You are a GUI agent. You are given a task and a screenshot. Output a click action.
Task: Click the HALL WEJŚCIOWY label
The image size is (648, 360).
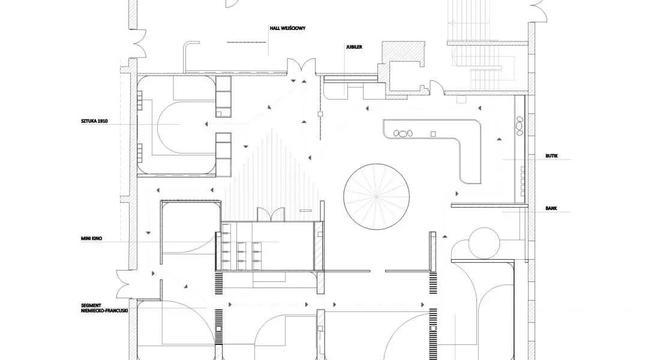tap(287, 29)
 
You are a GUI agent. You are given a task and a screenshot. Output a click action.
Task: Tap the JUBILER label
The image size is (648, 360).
tap(354, 47)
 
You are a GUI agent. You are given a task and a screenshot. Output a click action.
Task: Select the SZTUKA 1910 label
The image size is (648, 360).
tap(94, 122)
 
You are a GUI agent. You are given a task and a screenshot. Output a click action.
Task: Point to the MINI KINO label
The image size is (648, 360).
tap(91, 239)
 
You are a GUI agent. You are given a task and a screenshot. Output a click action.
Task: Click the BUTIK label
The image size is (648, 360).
tap(552, 156)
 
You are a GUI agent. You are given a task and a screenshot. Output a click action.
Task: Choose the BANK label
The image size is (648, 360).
tap(551, 209)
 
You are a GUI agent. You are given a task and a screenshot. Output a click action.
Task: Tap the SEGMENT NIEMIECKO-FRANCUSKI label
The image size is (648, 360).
tap(104, 308)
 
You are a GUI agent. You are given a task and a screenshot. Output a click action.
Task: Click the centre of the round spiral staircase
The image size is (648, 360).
tap(376, 196)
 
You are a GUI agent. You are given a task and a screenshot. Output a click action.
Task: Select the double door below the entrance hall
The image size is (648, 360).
tap(301, 68)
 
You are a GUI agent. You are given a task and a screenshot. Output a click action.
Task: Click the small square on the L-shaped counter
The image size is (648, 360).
tap(433, 134)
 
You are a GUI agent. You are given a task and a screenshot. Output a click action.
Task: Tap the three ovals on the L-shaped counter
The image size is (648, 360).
tap(403, 134)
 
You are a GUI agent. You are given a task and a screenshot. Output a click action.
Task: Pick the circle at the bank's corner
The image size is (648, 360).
tap(484, 242)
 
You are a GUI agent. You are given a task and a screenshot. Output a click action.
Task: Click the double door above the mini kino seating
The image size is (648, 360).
tap(271, 215)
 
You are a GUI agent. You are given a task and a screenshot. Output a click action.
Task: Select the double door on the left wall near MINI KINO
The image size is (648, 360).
tap(124, 284)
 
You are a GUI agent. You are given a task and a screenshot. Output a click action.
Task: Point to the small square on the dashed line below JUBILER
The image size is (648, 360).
tap(320, 113)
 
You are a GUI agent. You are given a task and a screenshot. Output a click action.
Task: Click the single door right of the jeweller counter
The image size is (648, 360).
tap(436, 87)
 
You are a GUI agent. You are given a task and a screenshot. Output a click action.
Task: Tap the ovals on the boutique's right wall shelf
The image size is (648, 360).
tap(520, 125)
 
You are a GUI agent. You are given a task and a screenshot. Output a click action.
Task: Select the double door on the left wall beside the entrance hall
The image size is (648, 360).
tap(137, 43)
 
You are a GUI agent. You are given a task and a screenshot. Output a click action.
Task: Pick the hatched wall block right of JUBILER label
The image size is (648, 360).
tap(403, 53)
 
